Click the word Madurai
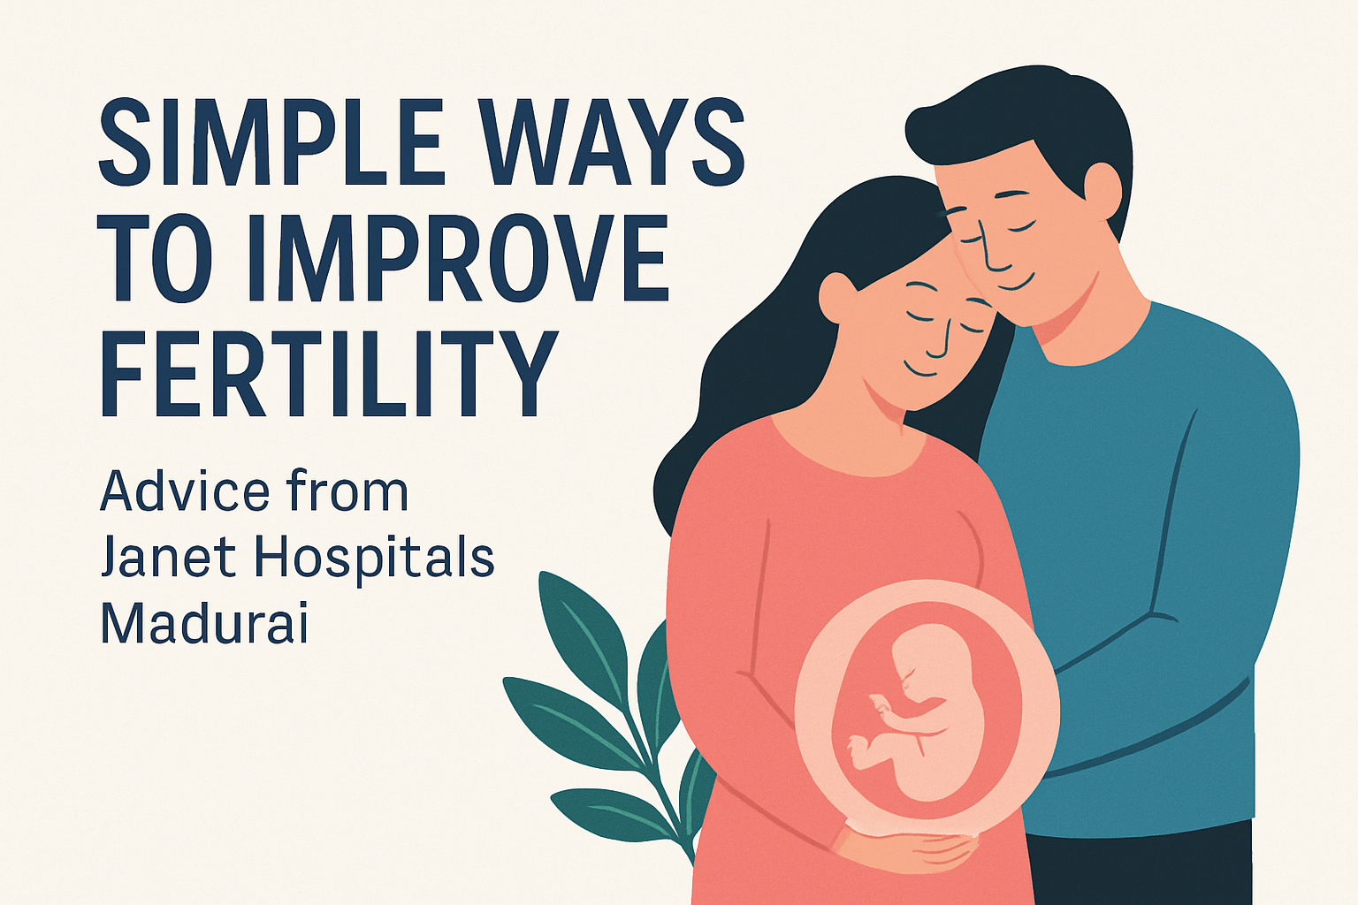204,623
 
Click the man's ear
1101,190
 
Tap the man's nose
995,256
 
